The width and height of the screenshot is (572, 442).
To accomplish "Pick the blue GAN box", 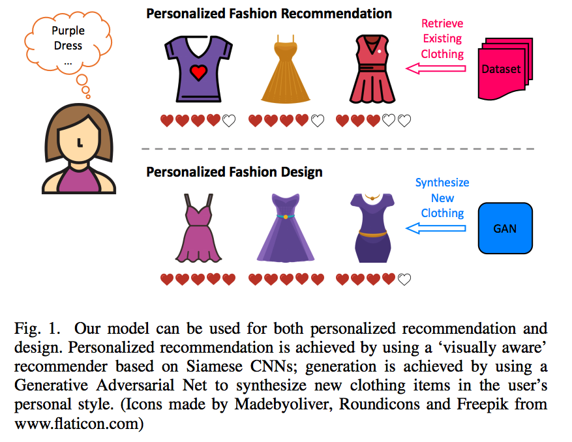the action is (x=505, y=228).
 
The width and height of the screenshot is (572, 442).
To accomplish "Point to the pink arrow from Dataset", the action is (x=436, y=68).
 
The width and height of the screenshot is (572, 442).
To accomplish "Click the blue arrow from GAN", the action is (x=436, y=228).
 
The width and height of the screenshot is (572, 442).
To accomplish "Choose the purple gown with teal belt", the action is (x=286, y=228).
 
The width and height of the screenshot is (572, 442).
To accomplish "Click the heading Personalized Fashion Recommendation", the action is (x=269, y=13).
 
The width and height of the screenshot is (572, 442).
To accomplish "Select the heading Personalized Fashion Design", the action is (x=234, y=173).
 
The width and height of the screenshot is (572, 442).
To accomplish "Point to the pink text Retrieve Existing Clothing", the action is (x=443, y=39).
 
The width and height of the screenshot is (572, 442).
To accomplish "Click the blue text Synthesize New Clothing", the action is (x=443, y=198).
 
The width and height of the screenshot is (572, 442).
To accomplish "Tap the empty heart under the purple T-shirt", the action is (x=229, y=121).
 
